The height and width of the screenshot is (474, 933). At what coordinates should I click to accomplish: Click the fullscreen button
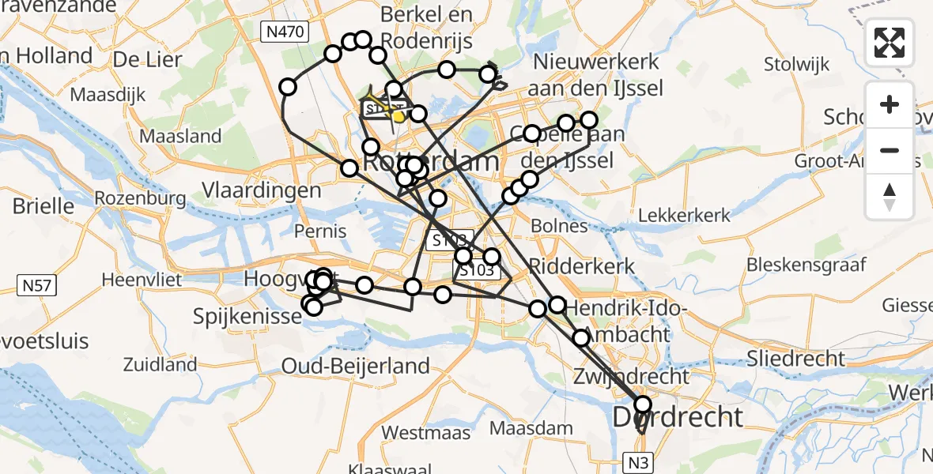(890, 43)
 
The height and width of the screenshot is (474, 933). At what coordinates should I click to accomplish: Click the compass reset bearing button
(890, 197)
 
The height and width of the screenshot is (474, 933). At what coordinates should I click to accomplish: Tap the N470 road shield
(285, 31)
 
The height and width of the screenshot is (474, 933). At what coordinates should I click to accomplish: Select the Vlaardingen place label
(262, 190)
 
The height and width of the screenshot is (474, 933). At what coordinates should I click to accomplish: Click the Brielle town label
(43, 207)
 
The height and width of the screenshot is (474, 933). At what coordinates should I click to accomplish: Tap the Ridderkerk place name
(582, 265)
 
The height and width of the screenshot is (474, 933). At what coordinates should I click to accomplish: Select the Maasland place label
(180, 137)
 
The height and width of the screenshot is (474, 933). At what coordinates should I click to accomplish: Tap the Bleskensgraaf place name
(800, 263)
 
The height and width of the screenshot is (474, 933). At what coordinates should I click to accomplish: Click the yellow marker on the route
(399, 117)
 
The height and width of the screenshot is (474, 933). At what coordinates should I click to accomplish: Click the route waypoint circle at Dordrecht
(643, 404)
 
